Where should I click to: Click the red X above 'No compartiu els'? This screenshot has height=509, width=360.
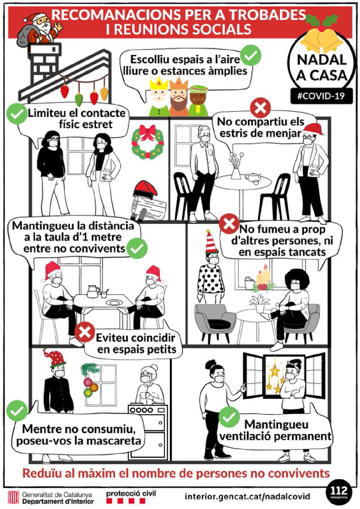pyautogui.click(x=260, y=108)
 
